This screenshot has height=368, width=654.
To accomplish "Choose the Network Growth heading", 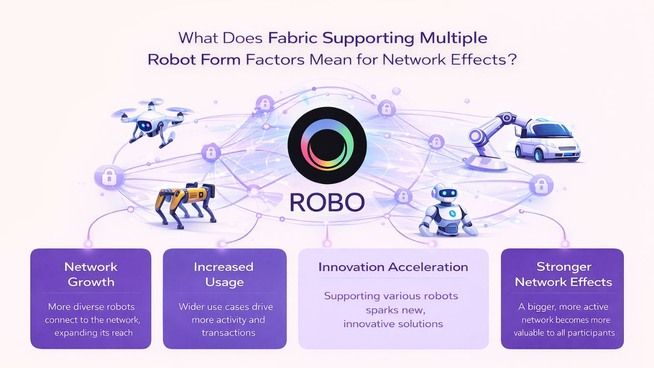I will [x=91, y=274].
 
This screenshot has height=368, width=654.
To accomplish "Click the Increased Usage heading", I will [x=224, y=274].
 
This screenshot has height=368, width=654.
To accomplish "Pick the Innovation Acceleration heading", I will [x=393, y=267].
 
